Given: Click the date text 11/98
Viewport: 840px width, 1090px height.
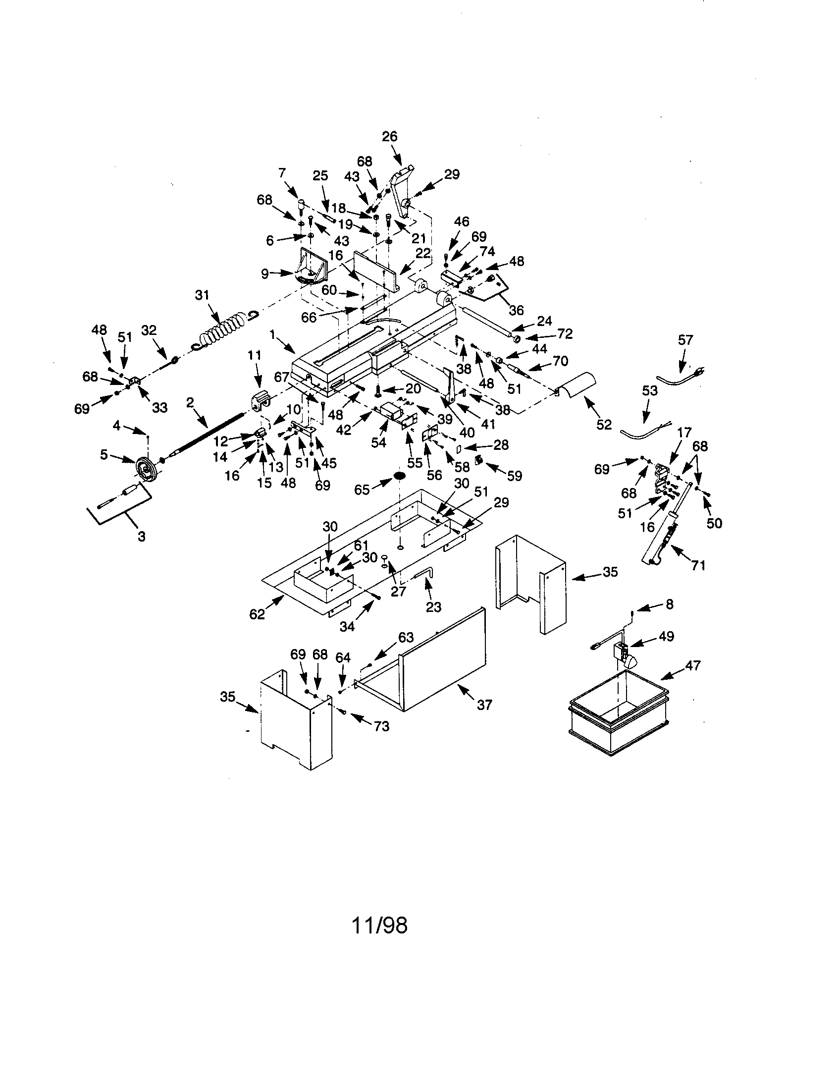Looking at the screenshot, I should [379, 926].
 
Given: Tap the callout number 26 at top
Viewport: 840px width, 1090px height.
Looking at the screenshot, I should [390, 136].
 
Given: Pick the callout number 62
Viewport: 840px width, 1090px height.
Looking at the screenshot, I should [257, 614].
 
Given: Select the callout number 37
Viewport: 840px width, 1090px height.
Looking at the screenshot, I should [484, 705].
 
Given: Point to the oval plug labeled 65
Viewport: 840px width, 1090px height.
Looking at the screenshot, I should [400, 476].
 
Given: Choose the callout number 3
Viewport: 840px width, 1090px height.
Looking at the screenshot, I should [141, 537].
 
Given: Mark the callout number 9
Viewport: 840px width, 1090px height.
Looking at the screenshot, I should [265, 273].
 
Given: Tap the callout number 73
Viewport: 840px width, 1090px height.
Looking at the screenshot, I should [381, 726].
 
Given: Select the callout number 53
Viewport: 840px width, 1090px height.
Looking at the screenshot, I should [650, 390].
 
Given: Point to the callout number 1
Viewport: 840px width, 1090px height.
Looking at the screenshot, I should [272, 334].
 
